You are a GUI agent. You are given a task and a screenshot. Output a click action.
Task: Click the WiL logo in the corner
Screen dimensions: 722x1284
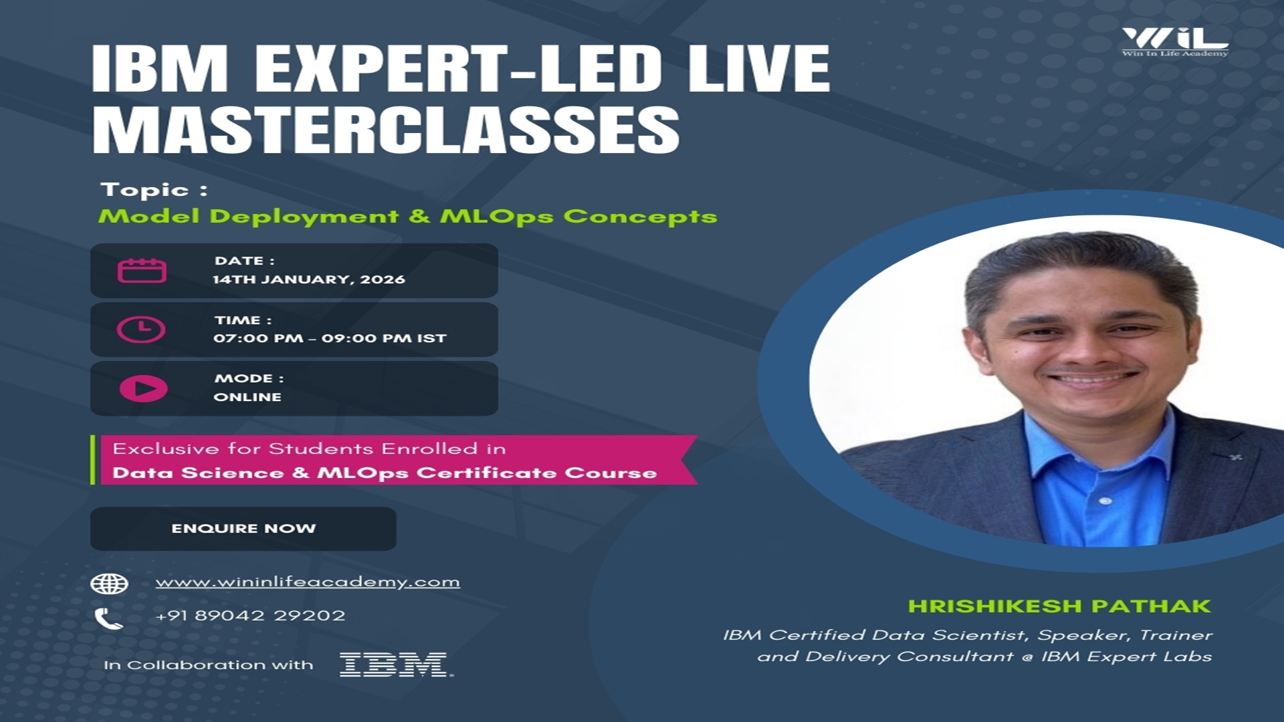click(x=1175, y=41)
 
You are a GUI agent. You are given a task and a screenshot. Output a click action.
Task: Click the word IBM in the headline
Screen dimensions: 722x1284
click(x=160, y=68)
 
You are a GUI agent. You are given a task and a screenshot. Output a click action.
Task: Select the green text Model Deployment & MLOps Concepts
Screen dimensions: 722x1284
click(x=407, y=217)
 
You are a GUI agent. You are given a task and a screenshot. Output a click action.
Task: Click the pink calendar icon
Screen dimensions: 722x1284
click(x=142, y=271)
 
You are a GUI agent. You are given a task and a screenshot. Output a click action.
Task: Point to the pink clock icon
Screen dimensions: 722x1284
click(x=141, y=330)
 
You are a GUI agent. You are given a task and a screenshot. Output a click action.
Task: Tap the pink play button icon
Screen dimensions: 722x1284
click(x=143, y=388)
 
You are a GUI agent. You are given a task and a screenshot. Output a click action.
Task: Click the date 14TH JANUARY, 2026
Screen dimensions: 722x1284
click(x=309, y=279)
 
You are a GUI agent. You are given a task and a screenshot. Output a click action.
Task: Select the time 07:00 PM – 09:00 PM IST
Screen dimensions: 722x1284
click(x=330, y=338)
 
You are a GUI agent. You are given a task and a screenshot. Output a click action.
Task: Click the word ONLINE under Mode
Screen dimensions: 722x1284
click(x=247, y=397)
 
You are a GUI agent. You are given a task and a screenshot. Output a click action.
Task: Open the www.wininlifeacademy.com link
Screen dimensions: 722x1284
click(x=308, y=582)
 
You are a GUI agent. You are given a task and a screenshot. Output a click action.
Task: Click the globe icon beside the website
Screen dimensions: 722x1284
click(x=109, y=584)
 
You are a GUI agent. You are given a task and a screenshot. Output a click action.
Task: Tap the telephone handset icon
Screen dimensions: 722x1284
click(x=108, y=619)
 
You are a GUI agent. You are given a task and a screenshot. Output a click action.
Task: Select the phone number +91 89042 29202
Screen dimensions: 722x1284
click(x=250, y=615)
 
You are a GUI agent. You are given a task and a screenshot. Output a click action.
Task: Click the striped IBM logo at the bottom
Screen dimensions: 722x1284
click(x=395, y=665)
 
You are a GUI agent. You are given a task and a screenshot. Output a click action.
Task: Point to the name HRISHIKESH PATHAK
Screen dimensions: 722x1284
click(x=1059, y=606)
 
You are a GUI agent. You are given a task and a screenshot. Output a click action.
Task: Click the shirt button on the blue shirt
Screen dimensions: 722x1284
click(x=1105, y=501)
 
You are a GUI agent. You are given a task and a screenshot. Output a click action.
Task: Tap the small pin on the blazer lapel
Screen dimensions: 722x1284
click(x=1236, y=457)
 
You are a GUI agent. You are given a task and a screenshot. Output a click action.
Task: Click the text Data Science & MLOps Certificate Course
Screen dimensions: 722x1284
click(x=385, y=473)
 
